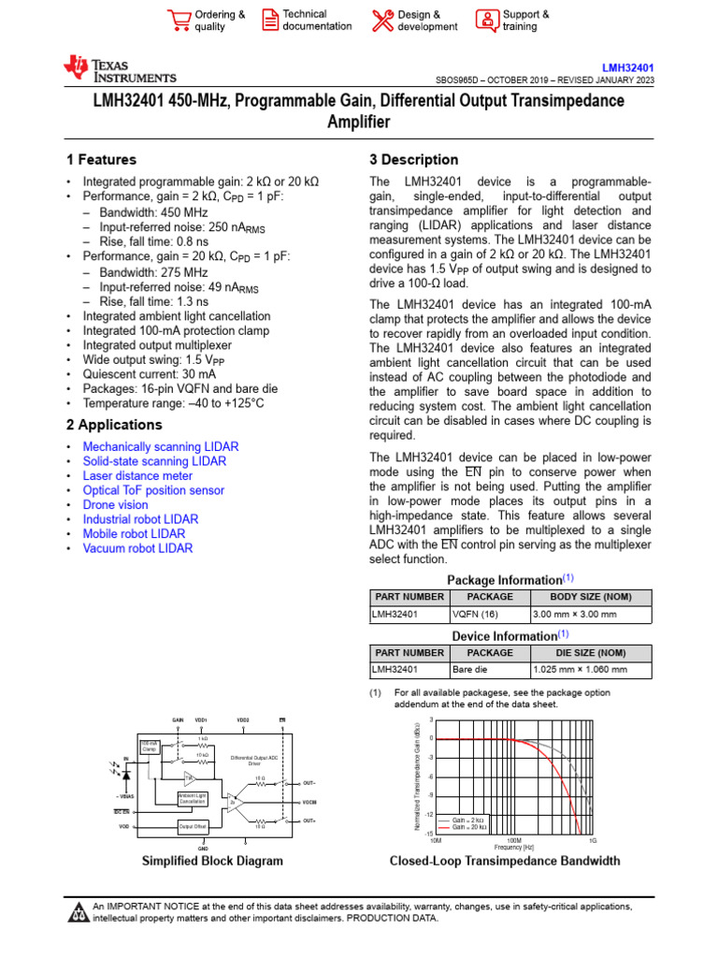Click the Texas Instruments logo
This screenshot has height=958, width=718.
tap(119, 69)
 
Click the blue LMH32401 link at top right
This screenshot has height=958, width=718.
tap(627, 67)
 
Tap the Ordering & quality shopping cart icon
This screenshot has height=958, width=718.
tap(178, 20)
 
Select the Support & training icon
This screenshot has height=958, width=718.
tap(487, 20)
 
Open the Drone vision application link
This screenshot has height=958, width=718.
tap(115, 504)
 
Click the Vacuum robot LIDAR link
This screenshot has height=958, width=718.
tap(137, 548)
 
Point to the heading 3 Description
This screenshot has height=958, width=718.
tap(414, 160)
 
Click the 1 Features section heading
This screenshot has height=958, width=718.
tap(101, 160)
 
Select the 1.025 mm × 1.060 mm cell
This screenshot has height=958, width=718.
tap(580, 670)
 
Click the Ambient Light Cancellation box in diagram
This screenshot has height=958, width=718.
tap(192, 797)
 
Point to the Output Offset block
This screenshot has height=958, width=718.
tap(193, 826)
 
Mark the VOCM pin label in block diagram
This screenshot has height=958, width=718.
tap(309, 803)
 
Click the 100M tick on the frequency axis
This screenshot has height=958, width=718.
tap(514, 841)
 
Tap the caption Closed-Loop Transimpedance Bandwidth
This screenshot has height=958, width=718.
tap(504, 861)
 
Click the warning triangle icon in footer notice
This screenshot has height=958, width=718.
tap(79, 913)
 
